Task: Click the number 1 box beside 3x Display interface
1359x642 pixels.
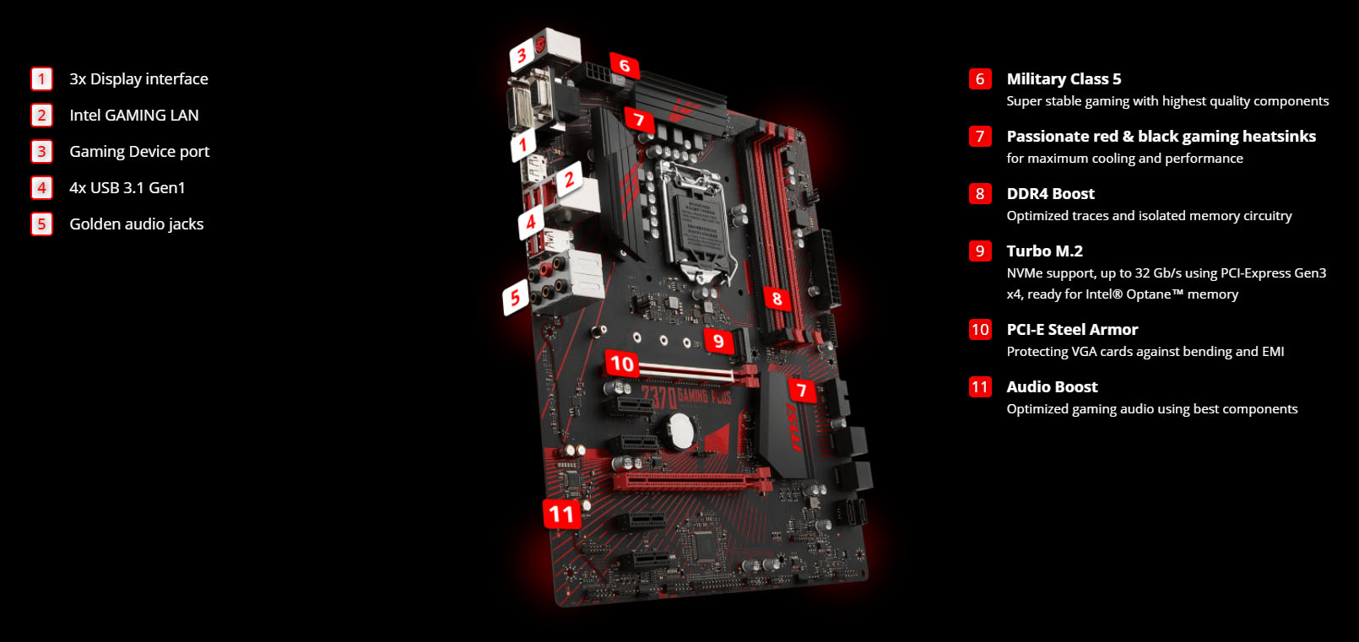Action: point(41,79)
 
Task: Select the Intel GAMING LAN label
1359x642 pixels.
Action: point(134,116)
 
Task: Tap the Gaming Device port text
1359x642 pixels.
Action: point(139,152)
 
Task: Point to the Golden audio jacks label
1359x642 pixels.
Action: point(137,224)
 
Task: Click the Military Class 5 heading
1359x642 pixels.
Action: point(1064,79)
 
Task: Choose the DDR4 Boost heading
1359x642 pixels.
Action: point(1050,194)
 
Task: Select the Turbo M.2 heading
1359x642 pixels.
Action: point(1044,251)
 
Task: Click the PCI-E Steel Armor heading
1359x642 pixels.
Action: point(1072,330)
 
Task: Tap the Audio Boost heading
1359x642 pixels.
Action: point(1052,387)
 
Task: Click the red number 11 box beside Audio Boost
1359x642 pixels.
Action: point(979,387)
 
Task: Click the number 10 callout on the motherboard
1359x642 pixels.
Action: point(622,364)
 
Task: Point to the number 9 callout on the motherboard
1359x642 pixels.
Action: point(718,341)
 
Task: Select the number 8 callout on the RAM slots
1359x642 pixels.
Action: point(777,299)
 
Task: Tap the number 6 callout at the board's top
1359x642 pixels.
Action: point(625,66)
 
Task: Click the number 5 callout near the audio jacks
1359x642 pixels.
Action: point(515,298)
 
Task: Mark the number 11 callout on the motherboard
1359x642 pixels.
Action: point(561,514)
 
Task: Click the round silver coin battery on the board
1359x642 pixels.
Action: point(680,431)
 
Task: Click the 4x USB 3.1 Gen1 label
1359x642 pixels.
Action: point(127,188)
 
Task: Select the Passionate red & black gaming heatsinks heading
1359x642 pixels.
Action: point(1161,137)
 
